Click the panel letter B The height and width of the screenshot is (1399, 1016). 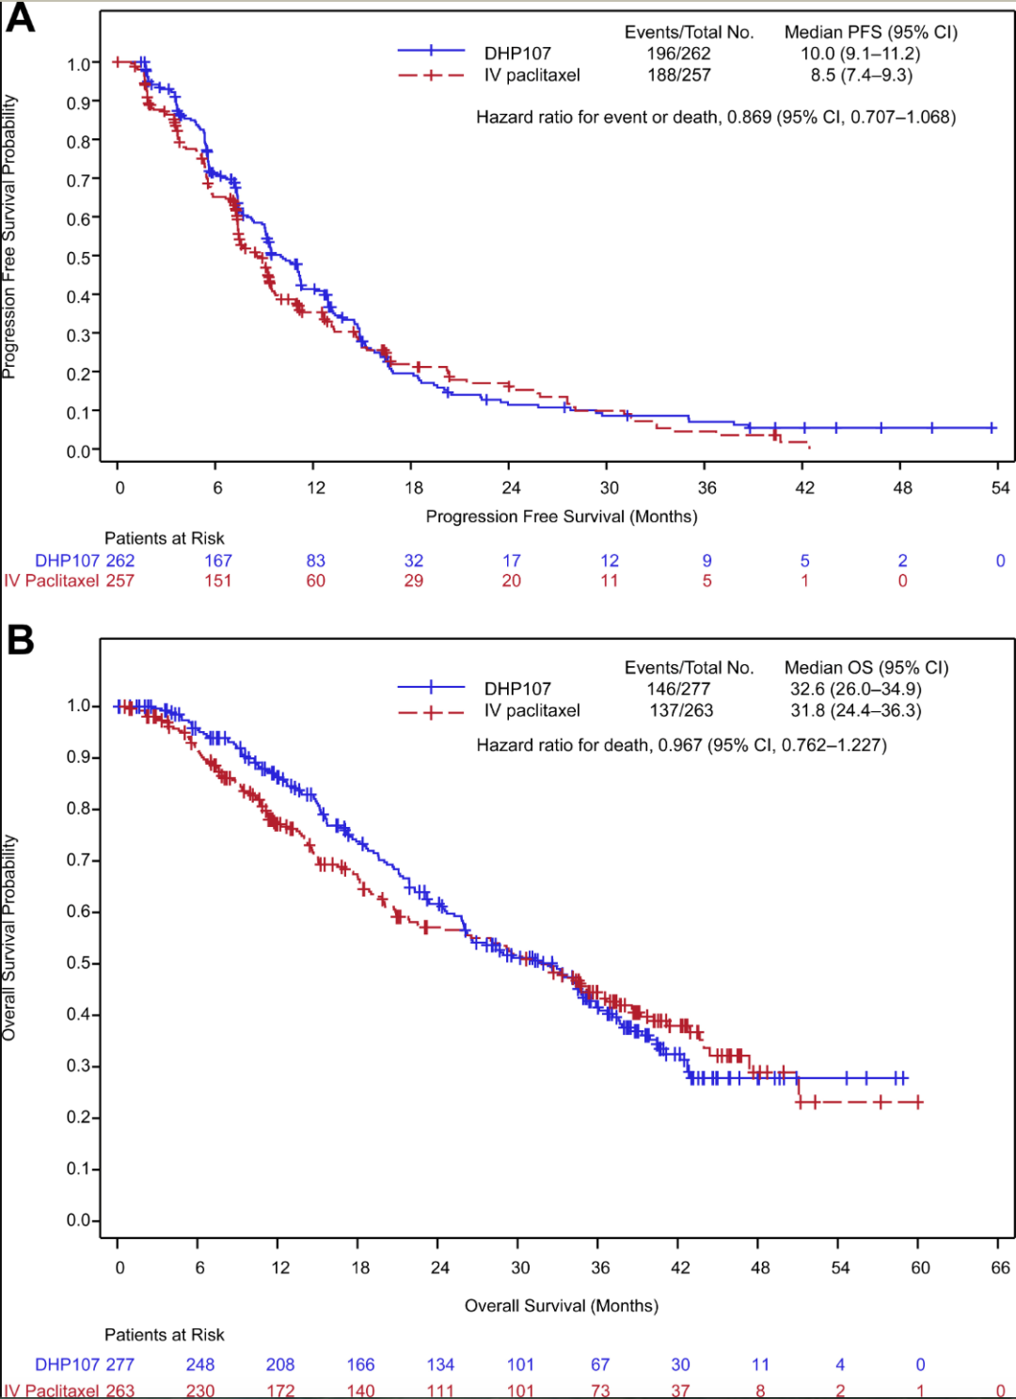pos(21,640)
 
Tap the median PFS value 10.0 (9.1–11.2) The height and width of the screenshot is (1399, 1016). pos(860,54)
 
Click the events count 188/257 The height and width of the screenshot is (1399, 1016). pos(678,75)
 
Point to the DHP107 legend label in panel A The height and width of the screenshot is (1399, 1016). pos(517,54)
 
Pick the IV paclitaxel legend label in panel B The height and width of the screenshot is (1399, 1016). pos(532,710)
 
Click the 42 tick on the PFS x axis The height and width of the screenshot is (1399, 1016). pos(804,487)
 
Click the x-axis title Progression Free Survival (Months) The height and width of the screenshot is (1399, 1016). pos(562,517)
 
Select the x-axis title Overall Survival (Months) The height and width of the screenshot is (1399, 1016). pos(562,1306)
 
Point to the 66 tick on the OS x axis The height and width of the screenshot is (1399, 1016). pos(1000,1267)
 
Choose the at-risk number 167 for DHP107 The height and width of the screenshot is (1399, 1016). pos(218,561)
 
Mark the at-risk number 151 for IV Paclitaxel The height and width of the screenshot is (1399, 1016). pos(218,581)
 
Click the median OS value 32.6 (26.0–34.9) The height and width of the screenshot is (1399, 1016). pos(855,689)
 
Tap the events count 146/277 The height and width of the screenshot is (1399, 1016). pos(678,689)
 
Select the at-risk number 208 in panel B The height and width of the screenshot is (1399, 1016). pos(280,1364)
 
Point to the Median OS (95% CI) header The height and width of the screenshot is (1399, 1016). pos(866,668)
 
